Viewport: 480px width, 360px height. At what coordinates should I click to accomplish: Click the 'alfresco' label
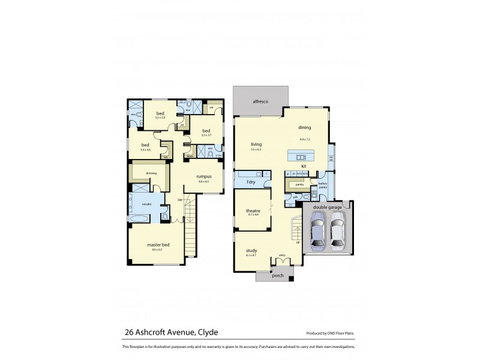[259, 102]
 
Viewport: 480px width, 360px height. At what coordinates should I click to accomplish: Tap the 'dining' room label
[304, 127]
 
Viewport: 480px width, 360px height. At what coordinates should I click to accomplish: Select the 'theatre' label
[253, 211]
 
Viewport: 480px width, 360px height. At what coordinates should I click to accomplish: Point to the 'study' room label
[251, 251]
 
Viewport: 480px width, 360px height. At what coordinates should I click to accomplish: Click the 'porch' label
[278, 276]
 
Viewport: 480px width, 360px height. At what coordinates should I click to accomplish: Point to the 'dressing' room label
[151, 173]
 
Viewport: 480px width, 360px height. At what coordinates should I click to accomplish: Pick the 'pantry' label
[299, 184]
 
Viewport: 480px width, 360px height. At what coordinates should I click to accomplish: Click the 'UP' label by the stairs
[298, 242]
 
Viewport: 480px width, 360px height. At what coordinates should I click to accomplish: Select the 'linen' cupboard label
[190, 156]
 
